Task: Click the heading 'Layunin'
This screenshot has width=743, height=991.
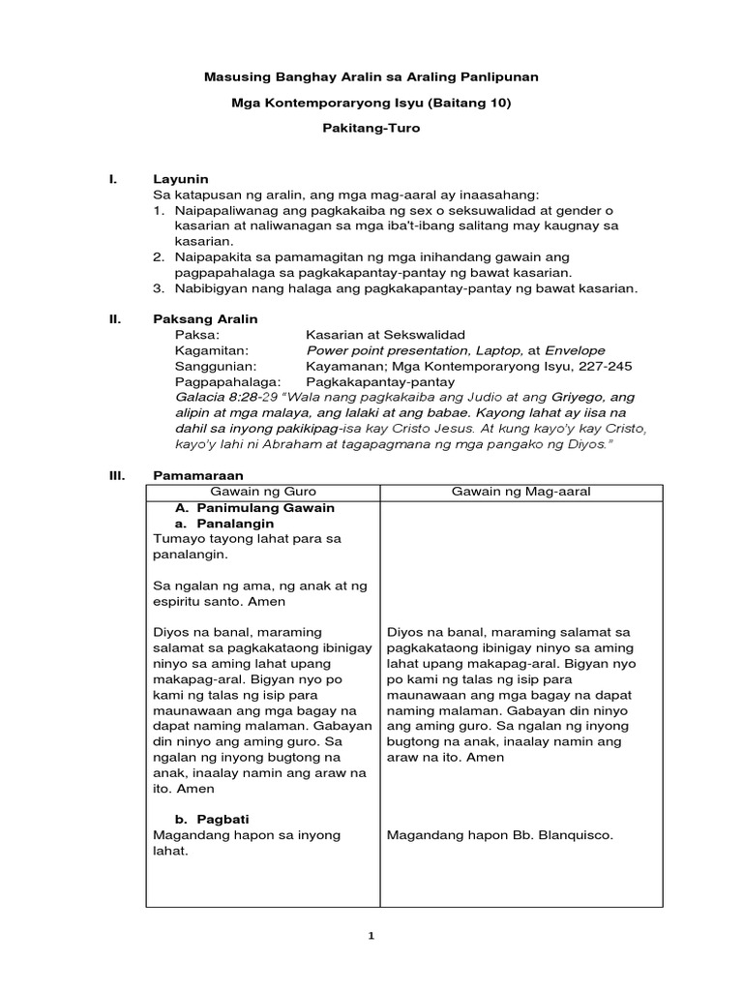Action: pyautogui.click(x=181, y=179)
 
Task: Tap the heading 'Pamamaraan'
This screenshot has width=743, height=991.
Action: pyautogui.click(x=198, y=475)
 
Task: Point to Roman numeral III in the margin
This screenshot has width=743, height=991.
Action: pyautogui.click(x=117, y=475)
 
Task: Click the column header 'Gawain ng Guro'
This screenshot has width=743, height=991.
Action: pyautogui.click(x=263, y=492)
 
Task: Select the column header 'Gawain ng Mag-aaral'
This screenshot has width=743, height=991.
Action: pyautogui.click(x=520, y=492)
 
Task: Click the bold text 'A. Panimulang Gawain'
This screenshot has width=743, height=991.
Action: pyautogui.click(x=254, y=507)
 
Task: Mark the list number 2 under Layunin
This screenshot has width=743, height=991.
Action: pyautogui.click(x=158, y=257)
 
